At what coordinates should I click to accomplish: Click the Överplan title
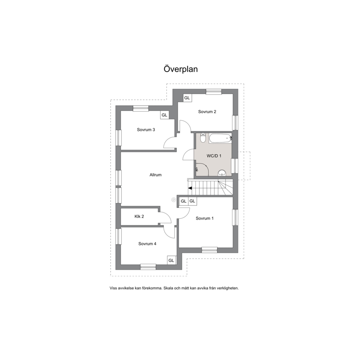coord(181,69)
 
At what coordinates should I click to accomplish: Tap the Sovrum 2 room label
coord(207,112)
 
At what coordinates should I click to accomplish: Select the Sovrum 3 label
coord(146,130)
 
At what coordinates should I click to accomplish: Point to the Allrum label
coord(155,175)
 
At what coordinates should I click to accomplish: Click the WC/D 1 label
coord(214,156)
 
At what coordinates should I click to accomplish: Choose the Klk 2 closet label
coord(139,217)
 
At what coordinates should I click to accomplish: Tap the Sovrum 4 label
coord(147,244)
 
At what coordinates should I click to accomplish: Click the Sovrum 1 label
coord(205,218)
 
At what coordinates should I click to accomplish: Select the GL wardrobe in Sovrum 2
coord(187,98)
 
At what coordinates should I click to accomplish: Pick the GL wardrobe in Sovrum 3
coord(164,115)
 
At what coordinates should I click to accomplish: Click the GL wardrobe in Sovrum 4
coord(171,260)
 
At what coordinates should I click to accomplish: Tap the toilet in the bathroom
coord(203,138)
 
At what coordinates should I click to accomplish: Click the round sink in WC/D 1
coord(222,173)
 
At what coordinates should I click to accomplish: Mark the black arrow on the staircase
coord(190,188)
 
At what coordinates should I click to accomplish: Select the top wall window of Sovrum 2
coord(214,91)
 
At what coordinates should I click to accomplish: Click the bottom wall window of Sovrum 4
coord(148,267)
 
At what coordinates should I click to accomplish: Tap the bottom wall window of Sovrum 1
coord(209,250)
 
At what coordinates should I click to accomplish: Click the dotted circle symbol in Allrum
coord(173,200)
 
